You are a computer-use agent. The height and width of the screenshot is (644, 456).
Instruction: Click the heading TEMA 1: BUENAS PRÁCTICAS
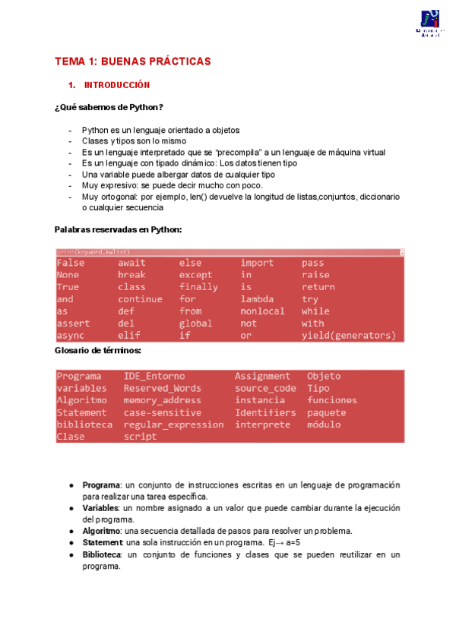coord(132,62)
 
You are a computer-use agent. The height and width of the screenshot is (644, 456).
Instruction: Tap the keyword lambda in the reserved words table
coord(257,299)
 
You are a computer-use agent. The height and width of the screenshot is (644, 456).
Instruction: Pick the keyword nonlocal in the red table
coord(262,311)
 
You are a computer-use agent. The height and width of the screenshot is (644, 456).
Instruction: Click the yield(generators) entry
coord(348,336)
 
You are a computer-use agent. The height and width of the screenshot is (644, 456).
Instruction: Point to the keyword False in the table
coord(71,263)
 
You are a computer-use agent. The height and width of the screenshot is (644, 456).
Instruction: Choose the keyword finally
coord(198,287)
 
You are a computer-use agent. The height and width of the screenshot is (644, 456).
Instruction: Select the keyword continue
coord(140,299)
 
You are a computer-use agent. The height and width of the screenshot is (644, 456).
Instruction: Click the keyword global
coord(195,324)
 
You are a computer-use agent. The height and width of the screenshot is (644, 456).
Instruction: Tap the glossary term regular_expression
coord(173,425)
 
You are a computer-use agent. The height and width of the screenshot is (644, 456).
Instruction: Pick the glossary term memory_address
coord(162,400)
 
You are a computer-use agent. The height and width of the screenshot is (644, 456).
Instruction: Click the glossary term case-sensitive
coord(162,412)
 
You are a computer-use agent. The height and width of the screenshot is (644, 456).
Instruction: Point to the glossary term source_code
coord(264,388)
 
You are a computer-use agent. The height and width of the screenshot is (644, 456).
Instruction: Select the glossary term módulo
coord(324,425)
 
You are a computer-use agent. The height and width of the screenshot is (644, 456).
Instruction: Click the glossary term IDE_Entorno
coord(154,376)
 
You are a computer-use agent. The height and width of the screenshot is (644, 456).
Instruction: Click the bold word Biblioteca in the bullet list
coord(101,554)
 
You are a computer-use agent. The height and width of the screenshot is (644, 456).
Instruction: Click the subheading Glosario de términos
coord(98,350)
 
